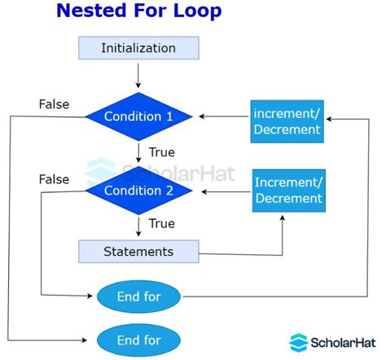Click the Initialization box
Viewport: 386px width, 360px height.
[138, 48]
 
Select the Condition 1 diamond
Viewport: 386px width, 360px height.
[138, 116]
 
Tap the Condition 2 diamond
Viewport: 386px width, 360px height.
[138, 191]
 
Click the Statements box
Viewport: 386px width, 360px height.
[138, 251]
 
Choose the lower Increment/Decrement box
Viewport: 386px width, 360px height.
[288, 189]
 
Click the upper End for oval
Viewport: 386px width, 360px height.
[140, 296]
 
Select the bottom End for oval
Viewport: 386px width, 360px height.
[140, 340]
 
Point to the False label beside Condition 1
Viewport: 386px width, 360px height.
[54, 103]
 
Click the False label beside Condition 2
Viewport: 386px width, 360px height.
[54, 178]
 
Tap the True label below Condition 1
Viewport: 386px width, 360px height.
[161, 151]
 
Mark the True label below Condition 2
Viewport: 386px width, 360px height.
[161, 222]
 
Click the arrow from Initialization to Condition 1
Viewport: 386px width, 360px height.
[138, 75]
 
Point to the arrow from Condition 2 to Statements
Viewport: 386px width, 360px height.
[138, 225]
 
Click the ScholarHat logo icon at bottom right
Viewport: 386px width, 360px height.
[299, 342]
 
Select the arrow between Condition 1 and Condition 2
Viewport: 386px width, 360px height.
[138, 152]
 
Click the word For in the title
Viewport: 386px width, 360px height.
[149, 11]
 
